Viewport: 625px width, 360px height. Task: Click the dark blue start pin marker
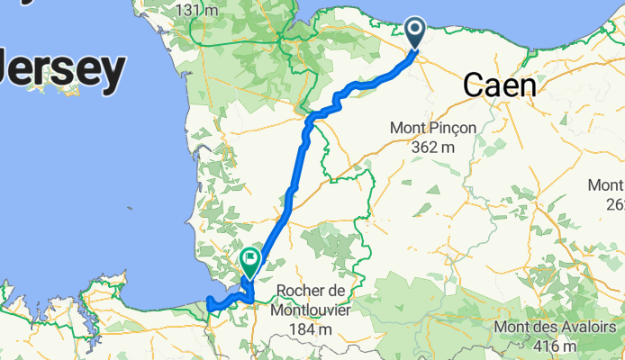pyautogui.click(x=416, y=33)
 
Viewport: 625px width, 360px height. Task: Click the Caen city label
pyautogui.click(x=499, y=86)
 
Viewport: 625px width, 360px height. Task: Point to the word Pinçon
pyautogui.click(x=451, y=129)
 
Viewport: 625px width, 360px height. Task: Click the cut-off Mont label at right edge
pyautogui.click(x=606, y=185)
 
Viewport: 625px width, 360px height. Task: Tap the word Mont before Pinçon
pyautogui.click(x=409, y=129)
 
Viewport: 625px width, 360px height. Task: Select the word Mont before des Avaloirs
pyautogui.click(x=513, y=328)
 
